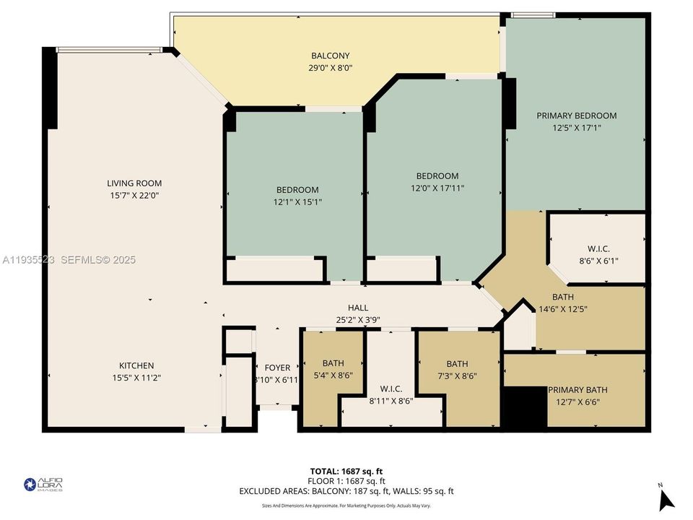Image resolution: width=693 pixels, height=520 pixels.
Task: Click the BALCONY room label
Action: pos(330,56)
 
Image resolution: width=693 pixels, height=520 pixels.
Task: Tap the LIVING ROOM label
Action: pos(134,183)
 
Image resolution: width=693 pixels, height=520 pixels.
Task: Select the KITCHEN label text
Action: pos(136,365)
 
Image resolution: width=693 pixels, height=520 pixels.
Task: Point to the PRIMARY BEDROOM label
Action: pos(576,116)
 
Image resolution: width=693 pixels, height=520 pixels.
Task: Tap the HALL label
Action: pos(358,308)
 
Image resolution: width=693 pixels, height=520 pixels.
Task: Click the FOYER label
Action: pos(277,367)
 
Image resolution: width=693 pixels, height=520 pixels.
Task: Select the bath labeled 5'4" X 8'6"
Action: pos(333,363)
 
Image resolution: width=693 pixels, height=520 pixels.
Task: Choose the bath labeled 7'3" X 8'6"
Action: pos(457,364)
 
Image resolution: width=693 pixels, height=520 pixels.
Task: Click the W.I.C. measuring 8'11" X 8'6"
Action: pos(390,389)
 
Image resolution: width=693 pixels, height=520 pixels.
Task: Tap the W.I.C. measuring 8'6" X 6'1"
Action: pos(598,249)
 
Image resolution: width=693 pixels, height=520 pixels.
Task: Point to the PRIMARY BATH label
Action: pos(577,390)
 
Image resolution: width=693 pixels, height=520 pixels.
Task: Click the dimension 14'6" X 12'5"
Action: pos(568,309)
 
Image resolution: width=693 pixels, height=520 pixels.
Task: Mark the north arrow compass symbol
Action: pos(666,498)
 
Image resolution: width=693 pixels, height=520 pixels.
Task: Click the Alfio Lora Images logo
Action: pos(43,485)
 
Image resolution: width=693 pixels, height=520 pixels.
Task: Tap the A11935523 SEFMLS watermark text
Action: pos(69,260)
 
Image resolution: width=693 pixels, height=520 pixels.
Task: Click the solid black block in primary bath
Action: pos(525,408)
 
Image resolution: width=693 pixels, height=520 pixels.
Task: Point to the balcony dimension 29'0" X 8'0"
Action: pos(330,68)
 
